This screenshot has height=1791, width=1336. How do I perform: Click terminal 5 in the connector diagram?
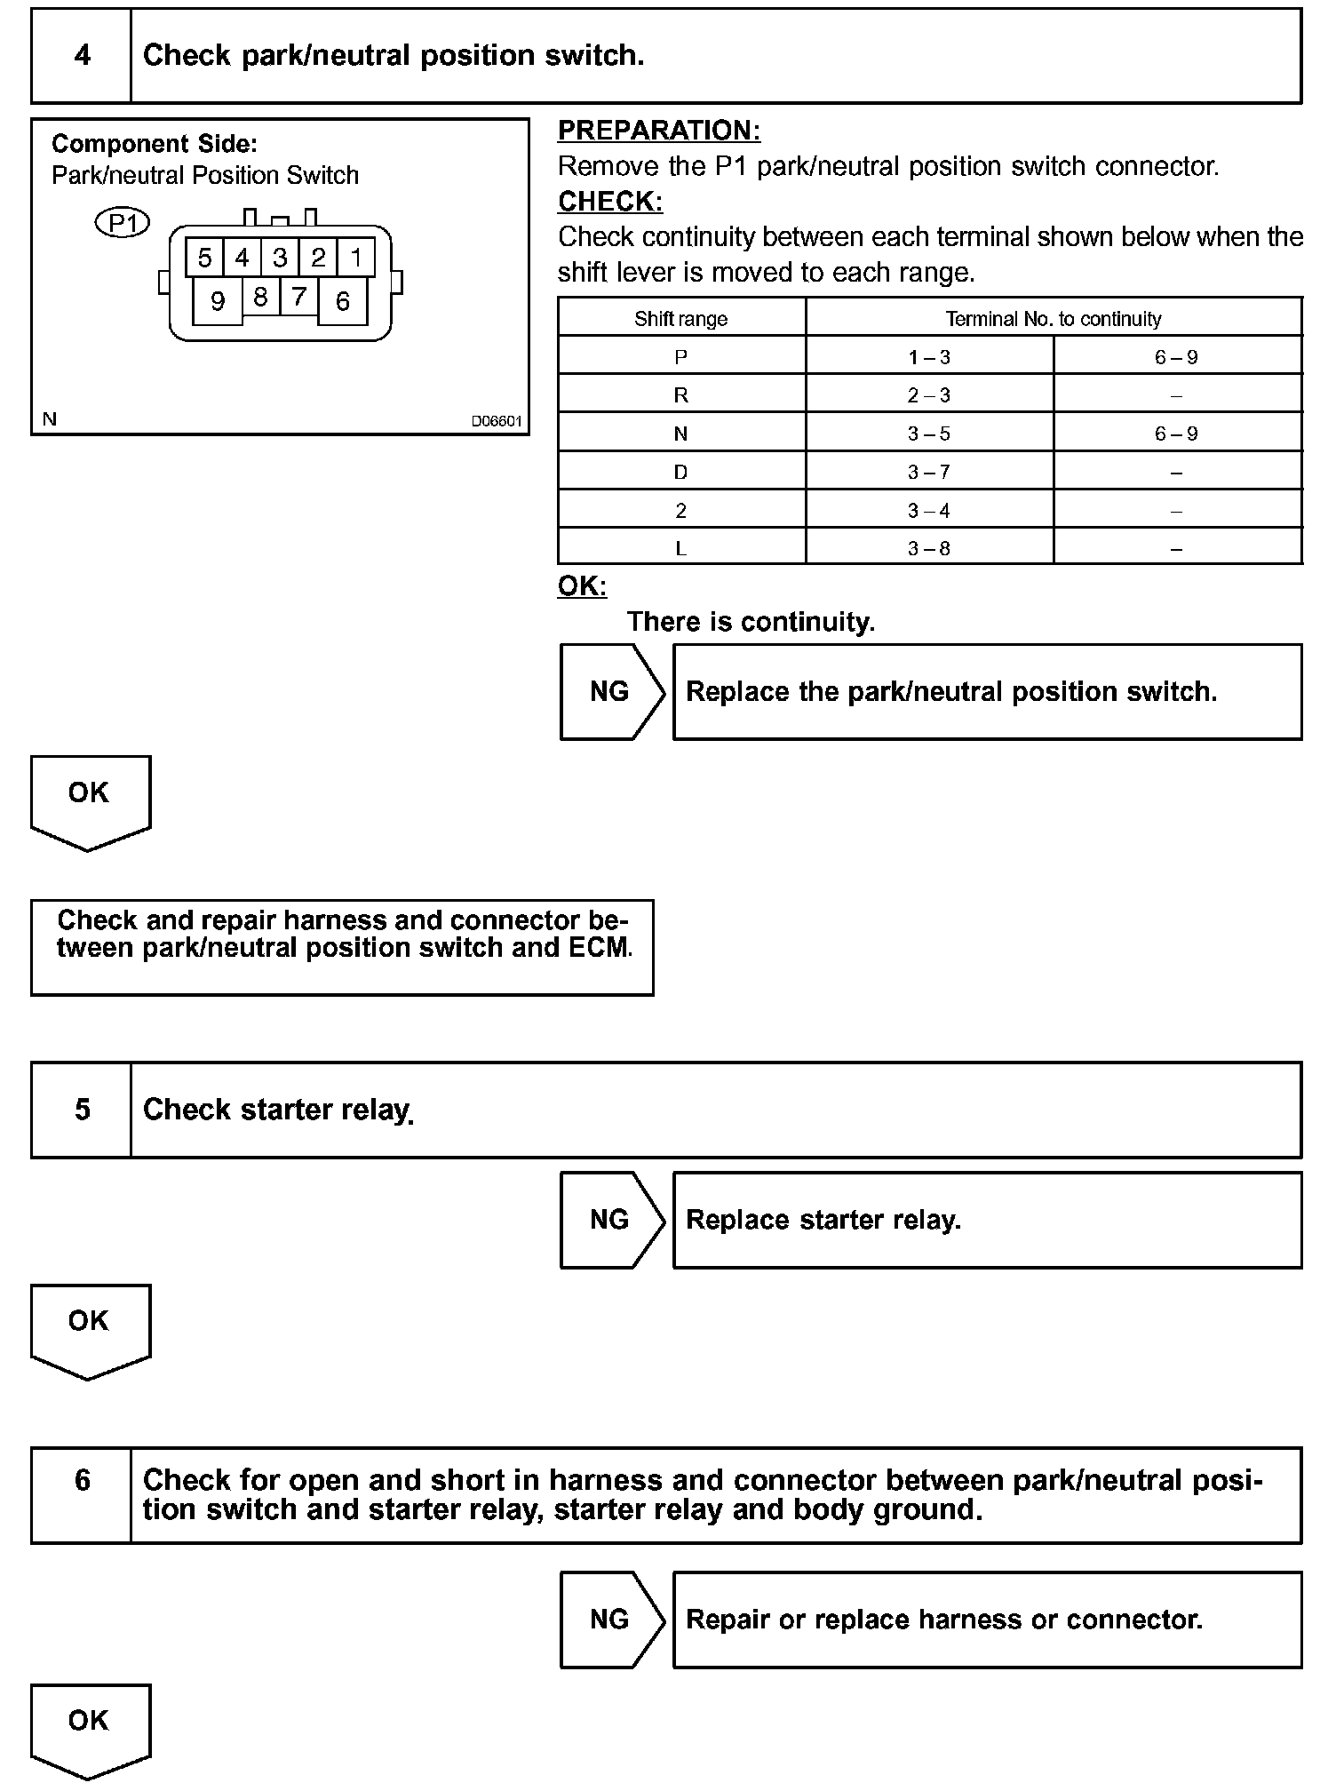tap(204, 258)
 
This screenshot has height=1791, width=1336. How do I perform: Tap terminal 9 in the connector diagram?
tap(218, 301)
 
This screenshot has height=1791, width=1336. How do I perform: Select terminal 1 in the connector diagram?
tap(356, 258)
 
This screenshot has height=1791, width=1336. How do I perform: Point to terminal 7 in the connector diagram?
tap(298, 296)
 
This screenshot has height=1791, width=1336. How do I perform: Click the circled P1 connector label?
tap(123, 223)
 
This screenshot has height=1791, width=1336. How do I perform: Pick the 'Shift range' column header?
tap(680, 319)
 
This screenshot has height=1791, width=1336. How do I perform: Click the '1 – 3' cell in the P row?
tap(928, 357)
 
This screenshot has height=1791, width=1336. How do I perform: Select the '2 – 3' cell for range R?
tap(928, 395)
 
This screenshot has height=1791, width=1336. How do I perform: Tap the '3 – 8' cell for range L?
tap(928, 548)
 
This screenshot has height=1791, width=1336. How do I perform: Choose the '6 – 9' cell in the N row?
tap(1176, 434)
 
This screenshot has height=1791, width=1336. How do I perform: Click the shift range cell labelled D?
tap(680, 472)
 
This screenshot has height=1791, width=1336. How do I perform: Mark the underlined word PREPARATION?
tap(658, 131)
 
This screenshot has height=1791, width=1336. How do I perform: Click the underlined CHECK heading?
tap(610, 202)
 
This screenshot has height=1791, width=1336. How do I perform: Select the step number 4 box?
tap(82, 56)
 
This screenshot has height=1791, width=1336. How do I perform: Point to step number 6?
tap(82, 1479)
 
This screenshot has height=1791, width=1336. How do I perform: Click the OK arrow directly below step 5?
tap(90, 1328)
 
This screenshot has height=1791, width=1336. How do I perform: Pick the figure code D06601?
tap(496, 421)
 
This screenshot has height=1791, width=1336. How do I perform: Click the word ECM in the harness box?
tap(599, 948)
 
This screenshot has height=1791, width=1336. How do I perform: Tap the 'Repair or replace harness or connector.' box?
tap(987, 1620)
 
